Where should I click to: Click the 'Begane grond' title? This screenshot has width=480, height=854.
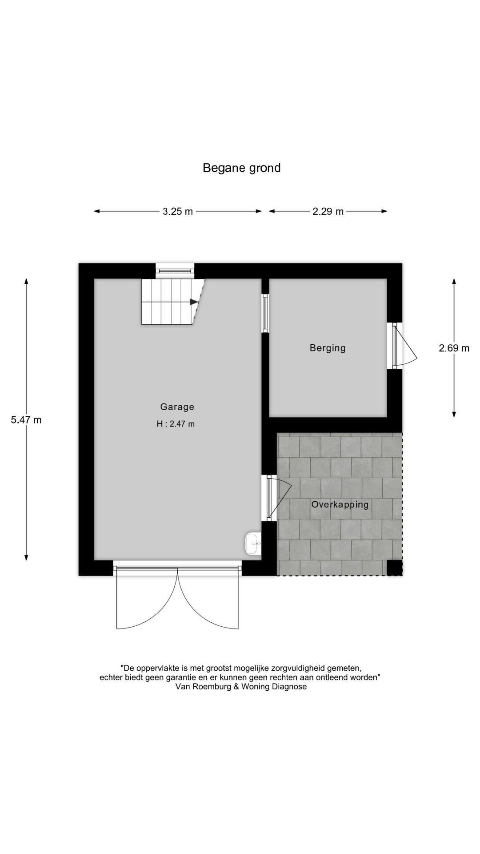coord(241,168)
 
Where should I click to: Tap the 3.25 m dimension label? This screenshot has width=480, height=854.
coord(177,212)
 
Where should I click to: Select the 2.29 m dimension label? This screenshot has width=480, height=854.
coord(328,212)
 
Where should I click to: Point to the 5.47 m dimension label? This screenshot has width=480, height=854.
coord(26,419)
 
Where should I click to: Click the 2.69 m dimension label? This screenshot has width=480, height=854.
coord(454,348)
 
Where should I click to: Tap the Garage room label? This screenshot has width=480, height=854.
coord(177,407)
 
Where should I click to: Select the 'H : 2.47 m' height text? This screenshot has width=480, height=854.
coord(176,424)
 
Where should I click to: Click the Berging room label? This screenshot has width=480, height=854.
coord(328,348)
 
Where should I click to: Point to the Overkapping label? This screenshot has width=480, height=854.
coord(340,504)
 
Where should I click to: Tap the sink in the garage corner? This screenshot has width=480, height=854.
coord(253,544)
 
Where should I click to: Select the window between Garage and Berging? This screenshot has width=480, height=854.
coord(265,313)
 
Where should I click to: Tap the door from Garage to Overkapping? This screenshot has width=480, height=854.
coord(278,498)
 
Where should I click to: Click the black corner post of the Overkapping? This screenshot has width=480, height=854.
coord(394,568)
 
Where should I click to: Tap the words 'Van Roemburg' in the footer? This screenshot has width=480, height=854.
coord(201,686)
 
